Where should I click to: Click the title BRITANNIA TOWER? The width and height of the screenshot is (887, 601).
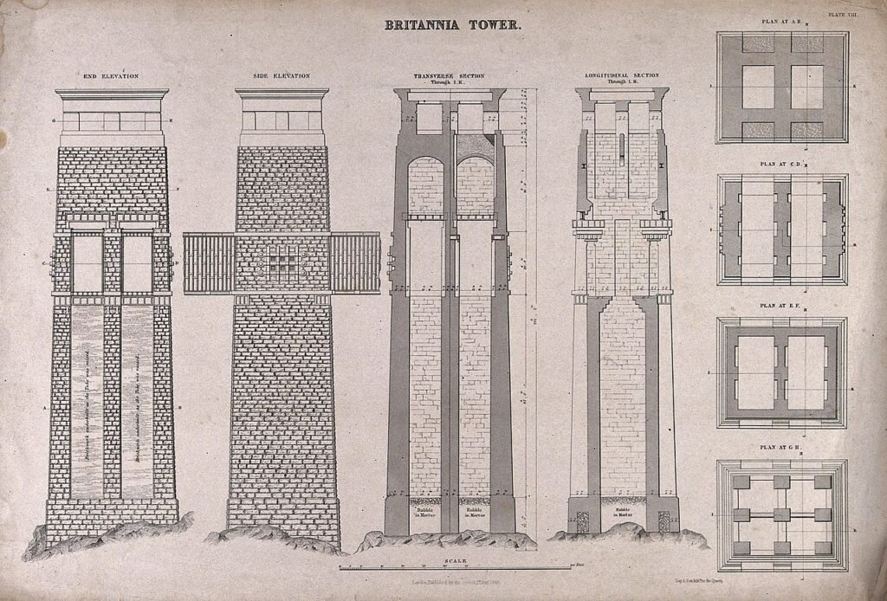click(453, 25)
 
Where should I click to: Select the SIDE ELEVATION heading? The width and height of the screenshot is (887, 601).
click(282, 77)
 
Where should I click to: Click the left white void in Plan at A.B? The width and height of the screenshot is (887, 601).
click(758, 87)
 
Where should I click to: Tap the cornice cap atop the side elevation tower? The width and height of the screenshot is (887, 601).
click(282, 94)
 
